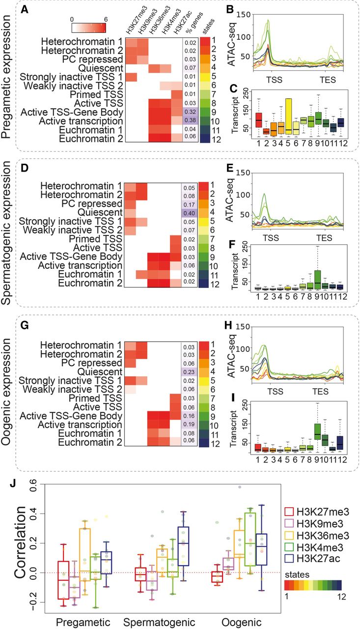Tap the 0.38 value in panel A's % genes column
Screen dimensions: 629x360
[x=189, y=120]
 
